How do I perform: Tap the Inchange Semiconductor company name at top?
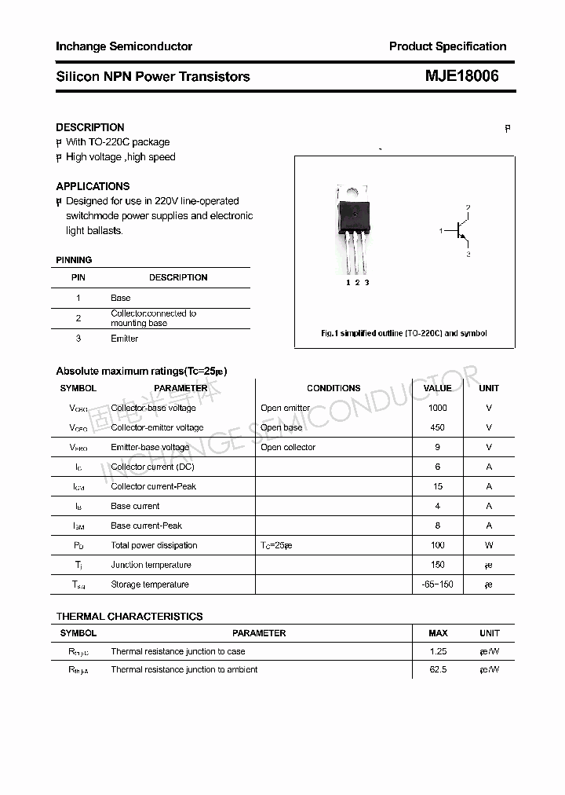pos(124,46)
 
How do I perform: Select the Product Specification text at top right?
pos(447,46)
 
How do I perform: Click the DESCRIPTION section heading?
pos(90,127)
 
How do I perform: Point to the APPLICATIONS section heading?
pos(93,186)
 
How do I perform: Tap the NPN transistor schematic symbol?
pos(461,231)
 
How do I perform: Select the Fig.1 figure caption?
pos(404,333)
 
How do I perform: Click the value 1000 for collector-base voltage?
pos(438,408)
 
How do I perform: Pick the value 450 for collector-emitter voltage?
pos(438,427)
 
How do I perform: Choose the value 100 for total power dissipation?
pos(438,545)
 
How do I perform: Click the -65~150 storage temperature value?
pos(438,584)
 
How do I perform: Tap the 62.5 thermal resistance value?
pos(438,669)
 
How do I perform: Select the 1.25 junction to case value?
pos(438,651)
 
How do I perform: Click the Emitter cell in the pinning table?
pos(124,339)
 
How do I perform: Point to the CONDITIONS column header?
pos(334,388)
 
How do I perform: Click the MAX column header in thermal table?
pos(438,633)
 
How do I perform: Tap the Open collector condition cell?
pos(288,447)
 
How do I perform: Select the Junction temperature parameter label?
pos(151,565)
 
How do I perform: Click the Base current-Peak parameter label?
pos(146,526)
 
